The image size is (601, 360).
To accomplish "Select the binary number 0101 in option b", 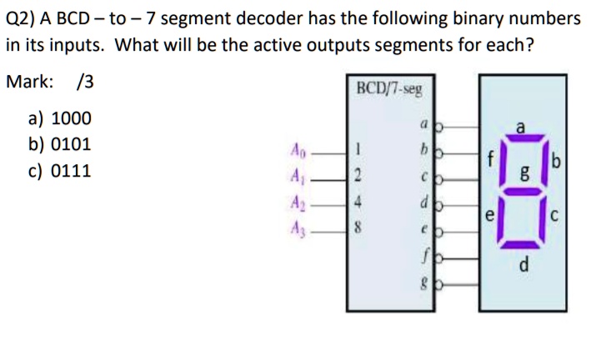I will click(x=72, y=144).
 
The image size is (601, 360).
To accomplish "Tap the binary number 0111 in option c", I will click(x=72, y=171).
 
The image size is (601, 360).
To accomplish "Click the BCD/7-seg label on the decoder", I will click(x=388, y=87).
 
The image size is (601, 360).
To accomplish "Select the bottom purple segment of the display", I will click(x=522, y=244).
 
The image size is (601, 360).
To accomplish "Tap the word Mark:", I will click(x=31, y=82).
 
